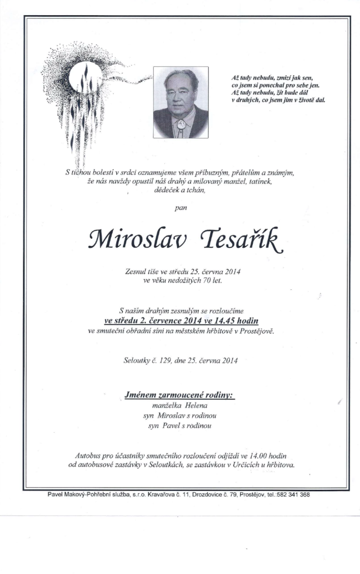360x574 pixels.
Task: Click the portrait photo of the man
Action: click(181, 103)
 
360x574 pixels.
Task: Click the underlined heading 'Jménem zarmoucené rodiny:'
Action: click(179, 395)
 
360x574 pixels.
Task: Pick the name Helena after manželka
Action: click(196, 405)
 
